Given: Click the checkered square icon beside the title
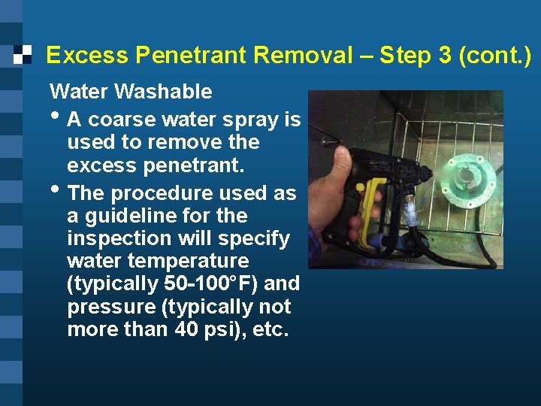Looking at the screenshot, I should [x=23, y=54].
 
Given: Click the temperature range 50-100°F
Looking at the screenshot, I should [x=201, y=284].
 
